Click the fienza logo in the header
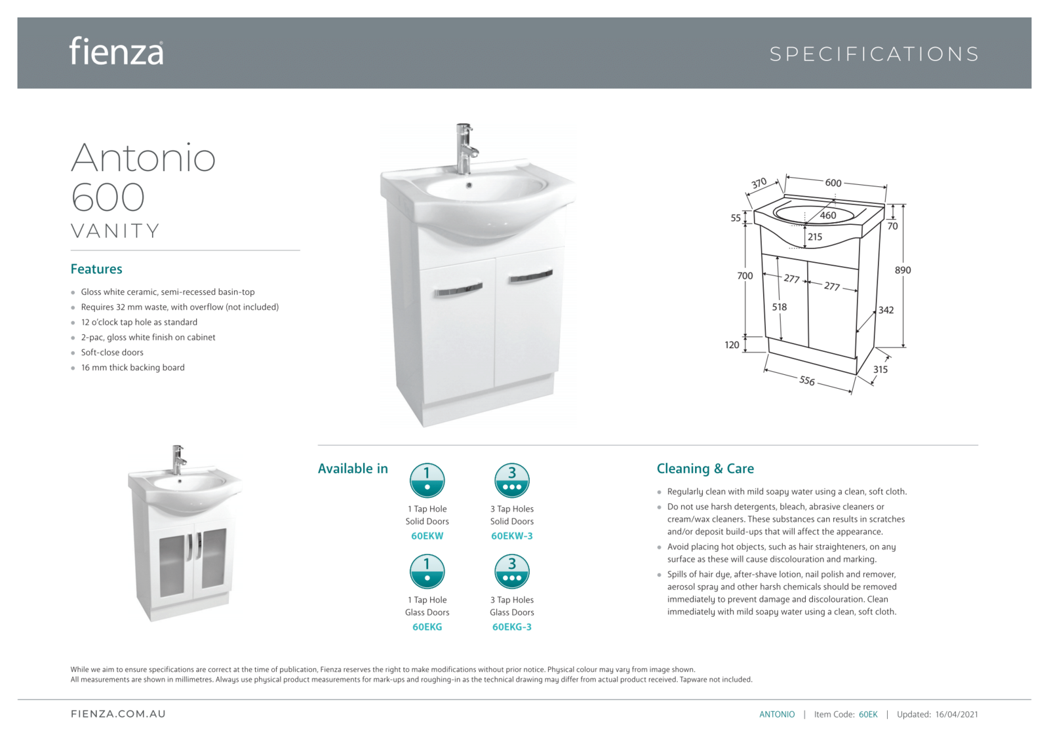pyautogui.click(x=117, y=51)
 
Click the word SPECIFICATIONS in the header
pyautogui.click(x=874, y=54)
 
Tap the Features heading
pyautogui.click(x=96, y=269)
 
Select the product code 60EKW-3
pyautogui.click(x=511, y=536)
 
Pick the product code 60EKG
pyautogui.click(x=427, y=627)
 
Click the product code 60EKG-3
pyautogui.click(x=511, y=627)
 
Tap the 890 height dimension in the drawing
pyautogui.click(x=903, y=270)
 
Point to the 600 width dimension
pyautogui.click(x=833, y=183)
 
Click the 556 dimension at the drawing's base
pyautogui.click(x=807, y=380)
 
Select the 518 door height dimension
pyautogui.click(x=779, y=307)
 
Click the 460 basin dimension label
pyautogui.click(x=828, y=215)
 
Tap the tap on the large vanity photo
pyautogui.click(x=465, y=147)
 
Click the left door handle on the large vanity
pyautogui.click(x=458, y=290)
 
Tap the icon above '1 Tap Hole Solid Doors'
pyautogui.click(x=427, y=480)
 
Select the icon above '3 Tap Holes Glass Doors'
pyautogui.click(x=511, y=571)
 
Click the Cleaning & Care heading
pyautogui.click(x=705, y=469)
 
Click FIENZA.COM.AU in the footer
pyautogui.click(x=118, y=714)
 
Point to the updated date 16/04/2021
pyautogui.click(x=957, y=714)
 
